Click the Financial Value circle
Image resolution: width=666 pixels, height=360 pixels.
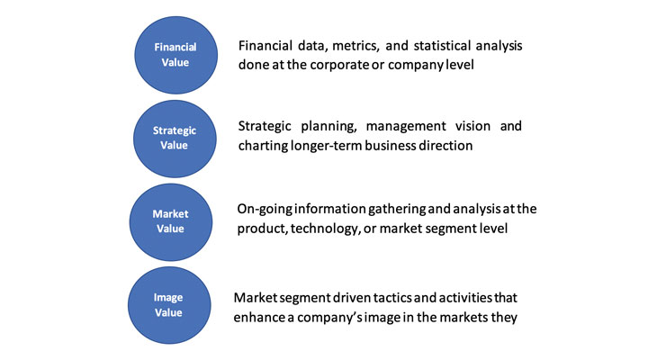point(175,55)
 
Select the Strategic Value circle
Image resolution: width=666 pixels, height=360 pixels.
point(175,139)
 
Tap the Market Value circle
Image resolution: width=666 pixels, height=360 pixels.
point(171,222)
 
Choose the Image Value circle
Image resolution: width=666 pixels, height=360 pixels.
point(169,305)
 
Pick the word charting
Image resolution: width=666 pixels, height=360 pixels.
point(263,146)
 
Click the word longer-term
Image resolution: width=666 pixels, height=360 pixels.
point(326,146)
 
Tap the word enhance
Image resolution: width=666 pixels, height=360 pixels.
point(259,318)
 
